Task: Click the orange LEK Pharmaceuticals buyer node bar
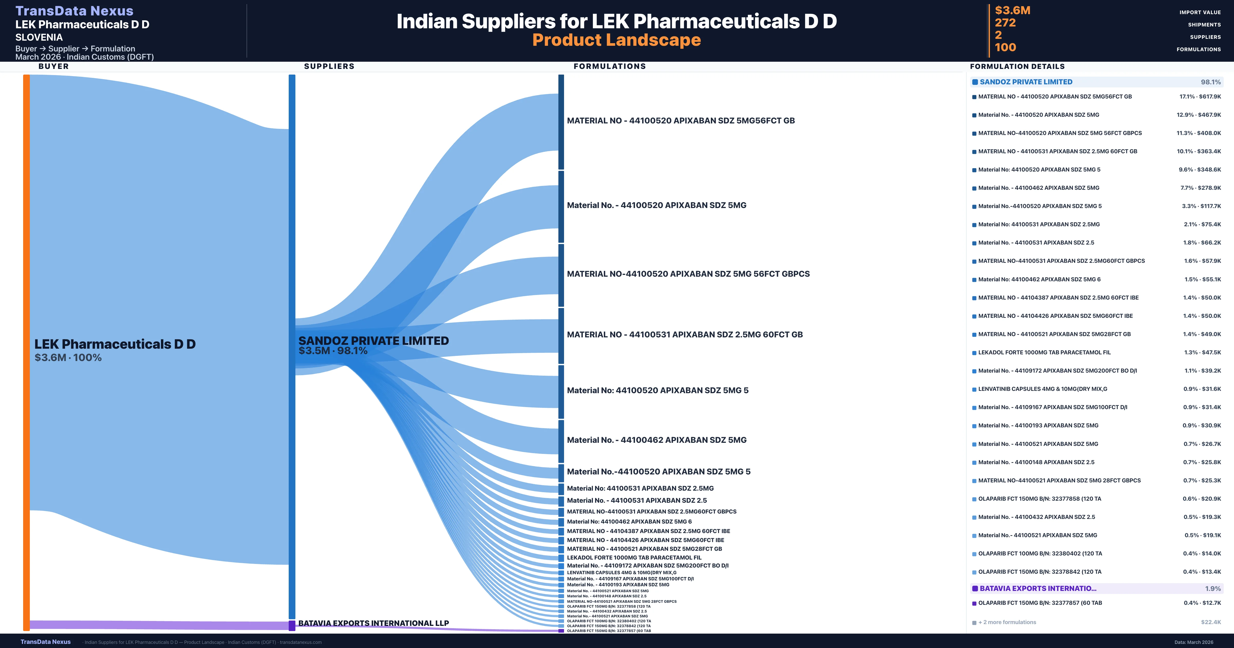click(x=26, y=352)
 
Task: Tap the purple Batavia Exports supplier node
click(x=292, y=625)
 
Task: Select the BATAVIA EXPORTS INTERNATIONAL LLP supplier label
click(x=373, y=623)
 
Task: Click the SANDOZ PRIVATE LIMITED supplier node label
click(x=373, y=341)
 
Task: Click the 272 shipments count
click(x=1005, y=23)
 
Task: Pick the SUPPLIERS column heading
click(x=329, y=66)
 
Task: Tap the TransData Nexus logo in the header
click(x=74, y=11)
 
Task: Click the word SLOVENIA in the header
click(x=39, y=37)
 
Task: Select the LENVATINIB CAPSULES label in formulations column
click(x=621, y=572)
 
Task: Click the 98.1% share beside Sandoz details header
click(x=1211, y=82)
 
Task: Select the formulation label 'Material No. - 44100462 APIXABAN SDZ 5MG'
click(x=656, y=440)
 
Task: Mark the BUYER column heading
click(x=54, y=66)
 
